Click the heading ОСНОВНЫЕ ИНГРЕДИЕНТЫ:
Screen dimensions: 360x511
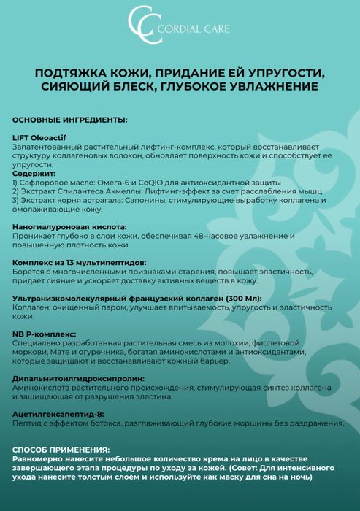pos(69,119)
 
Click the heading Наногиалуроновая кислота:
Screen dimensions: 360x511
pos(69,228)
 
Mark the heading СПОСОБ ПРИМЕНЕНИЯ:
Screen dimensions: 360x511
pos(61,450)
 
